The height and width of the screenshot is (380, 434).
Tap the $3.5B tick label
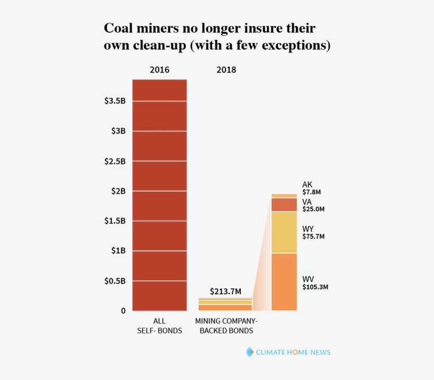tap(115, 101)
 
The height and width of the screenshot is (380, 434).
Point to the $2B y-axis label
tap(117, 191)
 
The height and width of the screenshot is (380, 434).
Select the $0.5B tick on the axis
tap(115, 281)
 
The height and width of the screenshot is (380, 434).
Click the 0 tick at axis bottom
tap(123, 311)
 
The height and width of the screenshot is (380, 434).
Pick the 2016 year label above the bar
tap(159, 70)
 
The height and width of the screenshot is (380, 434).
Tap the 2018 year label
tap(226, 70)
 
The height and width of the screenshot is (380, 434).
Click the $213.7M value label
tap(225, 292)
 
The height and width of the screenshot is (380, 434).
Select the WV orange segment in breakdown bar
tap(284, 282)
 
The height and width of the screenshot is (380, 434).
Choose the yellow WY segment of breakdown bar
tap(284, 232)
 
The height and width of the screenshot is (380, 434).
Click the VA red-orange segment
tap(284, 204)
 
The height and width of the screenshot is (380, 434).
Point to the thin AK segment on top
tap(284, 195)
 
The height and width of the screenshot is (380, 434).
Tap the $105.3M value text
tap(315, 287)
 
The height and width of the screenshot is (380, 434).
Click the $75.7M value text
tap(313, 237)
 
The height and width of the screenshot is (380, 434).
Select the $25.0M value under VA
tap(313, 209)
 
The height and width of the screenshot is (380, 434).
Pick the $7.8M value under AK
tap(311, 192)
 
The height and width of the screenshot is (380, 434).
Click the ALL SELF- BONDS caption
tap(159, 325)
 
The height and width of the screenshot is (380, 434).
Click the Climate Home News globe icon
tap(250, 352)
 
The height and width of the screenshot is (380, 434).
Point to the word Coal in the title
tap(116, 28)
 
